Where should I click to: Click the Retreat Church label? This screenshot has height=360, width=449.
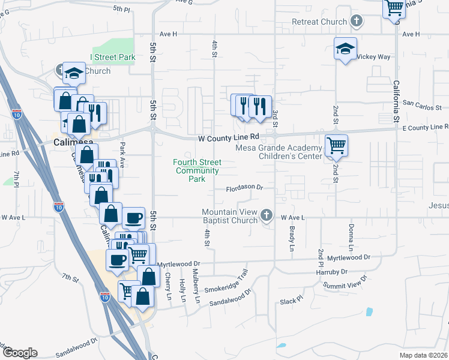click(x=319, y=22)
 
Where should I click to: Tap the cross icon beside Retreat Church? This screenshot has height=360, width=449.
click(x=357, y=22)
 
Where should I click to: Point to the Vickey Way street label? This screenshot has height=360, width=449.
click(x=373, y=56)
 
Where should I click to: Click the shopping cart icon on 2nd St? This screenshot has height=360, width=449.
click(x=336, y=145)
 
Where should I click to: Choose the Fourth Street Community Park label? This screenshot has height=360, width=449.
click(x=197, y=170)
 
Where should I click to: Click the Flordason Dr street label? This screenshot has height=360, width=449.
click(x=245, y=188)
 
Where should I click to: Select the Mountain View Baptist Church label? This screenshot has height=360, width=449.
click(x=229, y=216)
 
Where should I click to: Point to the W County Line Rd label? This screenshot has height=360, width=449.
click(x=229, y=137)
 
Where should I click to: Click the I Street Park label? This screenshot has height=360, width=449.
click(x=113, y=57)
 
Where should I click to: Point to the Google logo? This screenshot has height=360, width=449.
click(x=19, y=353)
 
